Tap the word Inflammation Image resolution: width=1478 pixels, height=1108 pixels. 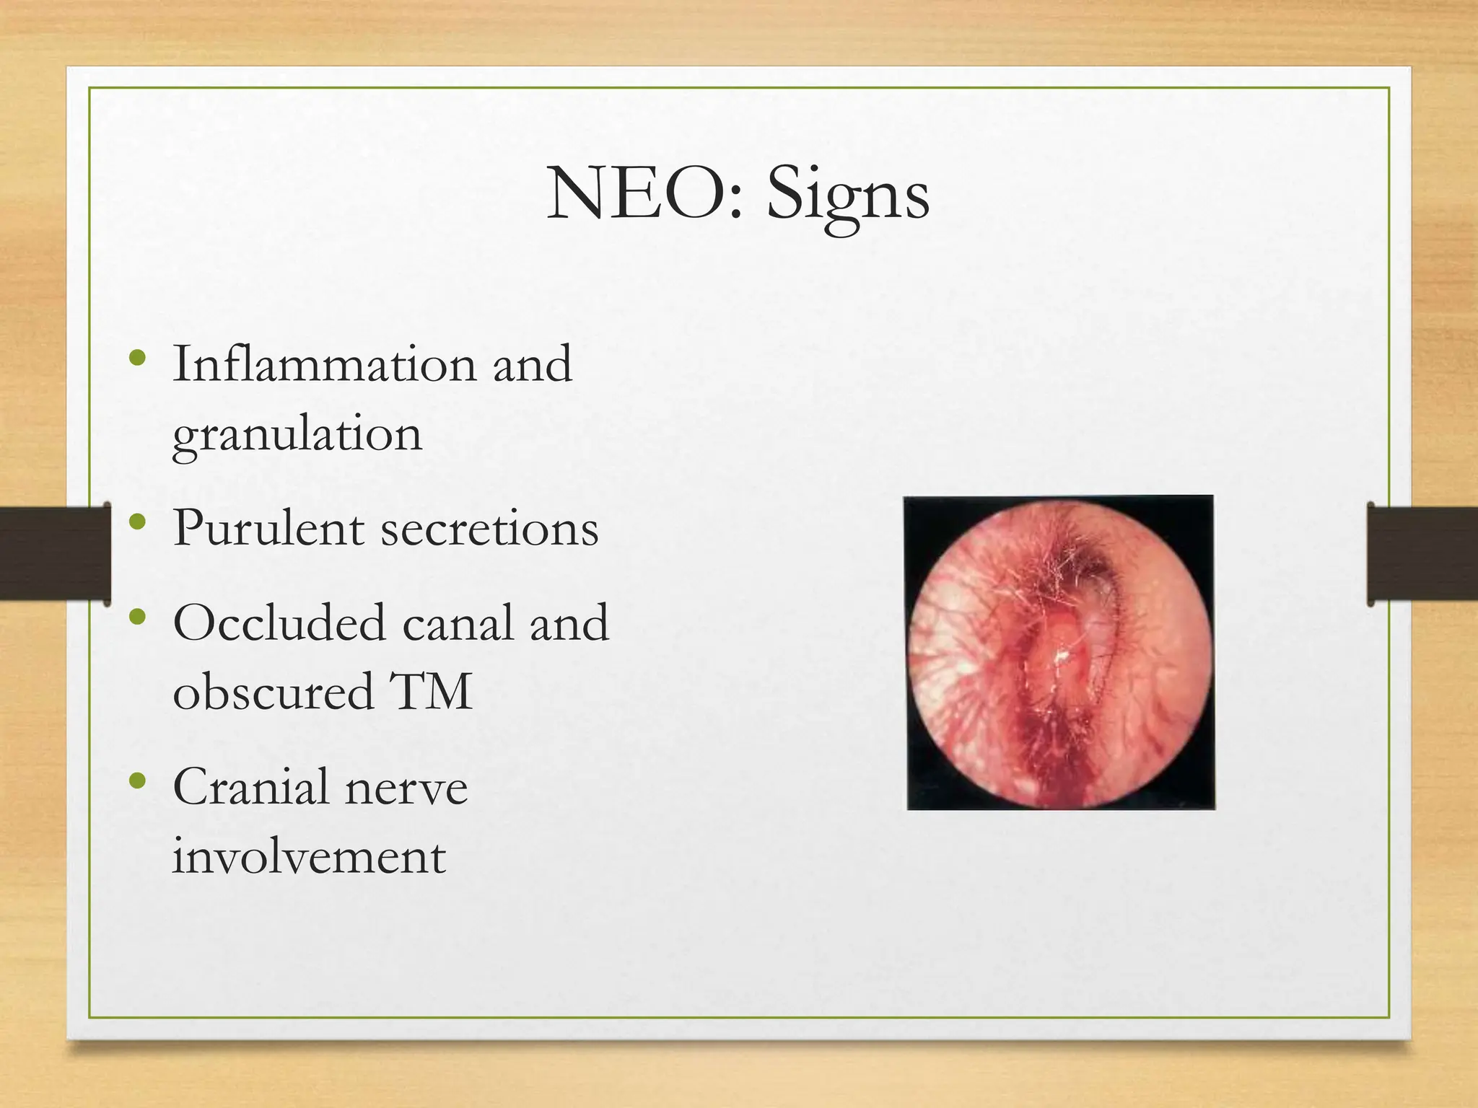(x=324, y=364)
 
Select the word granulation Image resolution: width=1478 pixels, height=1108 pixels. (x=297, y=436)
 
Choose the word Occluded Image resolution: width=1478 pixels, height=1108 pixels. (x=279, y=622)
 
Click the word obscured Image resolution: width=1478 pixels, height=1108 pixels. (x=273, y=691)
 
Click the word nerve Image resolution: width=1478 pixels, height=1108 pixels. (x=406, y=788)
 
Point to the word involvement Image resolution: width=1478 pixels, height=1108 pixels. (x=309, y=857)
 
